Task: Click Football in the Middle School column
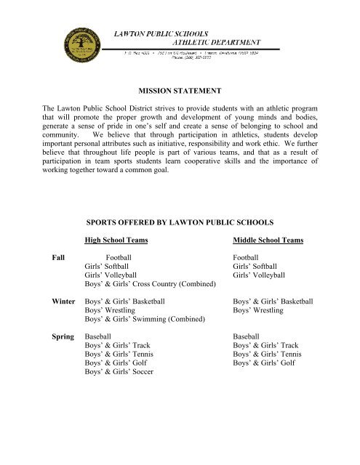tap(248, 257)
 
